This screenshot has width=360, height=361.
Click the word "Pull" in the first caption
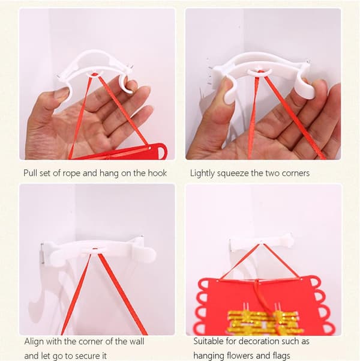[x=30, y=173]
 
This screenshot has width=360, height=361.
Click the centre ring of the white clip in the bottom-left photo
[x=95, y=249]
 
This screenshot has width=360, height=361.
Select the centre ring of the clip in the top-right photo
[x=259, y=71]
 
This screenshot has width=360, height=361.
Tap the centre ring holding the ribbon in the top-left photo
[x=95, y=74]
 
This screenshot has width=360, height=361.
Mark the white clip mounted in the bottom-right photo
[x=262, y=244]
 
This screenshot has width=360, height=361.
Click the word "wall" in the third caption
[x=137, y=341]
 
